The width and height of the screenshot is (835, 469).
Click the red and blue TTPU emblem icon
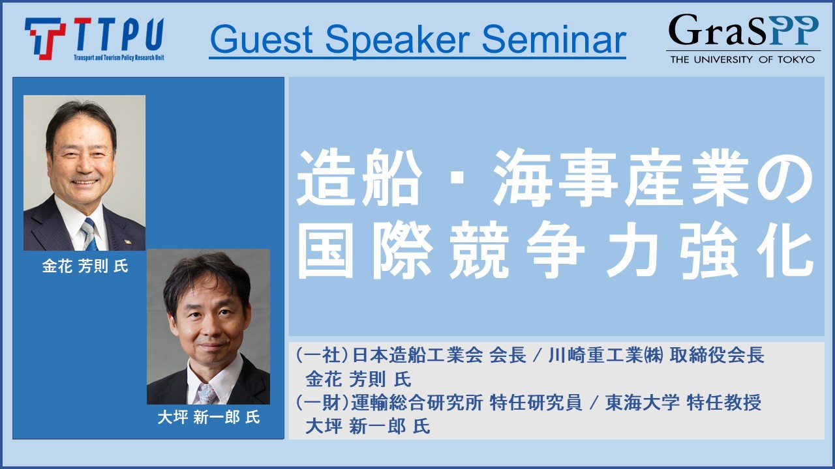(x=45, y=38)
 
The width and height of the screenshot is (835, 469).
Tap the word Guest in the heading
(x=262, y=40)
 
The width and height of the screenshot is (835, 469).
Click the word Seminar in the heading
(x=554, y=40)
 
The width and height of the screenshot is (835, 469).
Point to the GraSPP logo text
(x=743, y=30)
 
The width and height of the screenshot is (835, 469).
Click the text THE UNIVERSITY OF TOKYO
(x=742, y=59)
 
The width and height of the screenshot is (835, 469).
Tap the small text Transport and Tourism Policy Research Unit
(x=119, y=57)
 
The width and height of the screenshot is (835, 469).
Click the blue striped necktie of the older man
(x=89, y=234)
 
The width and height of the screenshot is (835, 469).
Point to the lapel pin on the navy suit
(x=127, y=242)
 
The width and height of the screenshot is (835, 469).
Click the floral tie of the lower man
(x=206, y=394)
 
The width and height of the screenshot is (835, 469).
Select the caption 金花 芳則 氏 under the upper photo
(x=85, y=266)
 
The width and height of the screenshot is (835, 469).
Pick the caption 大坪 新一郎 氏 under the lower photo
(x=209, y=418)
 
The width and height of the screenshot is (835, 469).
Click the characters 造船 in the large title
(x=359, y=177)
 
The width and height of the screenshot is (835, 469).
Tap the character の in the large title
(x=785, y=178)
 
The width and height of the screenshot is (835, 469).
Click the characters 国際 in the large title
(x=365, y=249)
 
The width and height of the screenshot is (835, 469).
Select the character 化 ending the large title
(x=785, y=249)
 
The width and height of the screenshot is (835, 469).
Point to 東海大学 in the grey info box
(x=642, y=403)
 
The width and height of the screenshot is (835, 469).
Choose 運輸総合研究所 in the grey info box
(x=417, y=403)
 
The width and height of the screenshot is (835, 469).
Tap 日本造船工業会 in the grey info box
(x=417, y=355)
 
